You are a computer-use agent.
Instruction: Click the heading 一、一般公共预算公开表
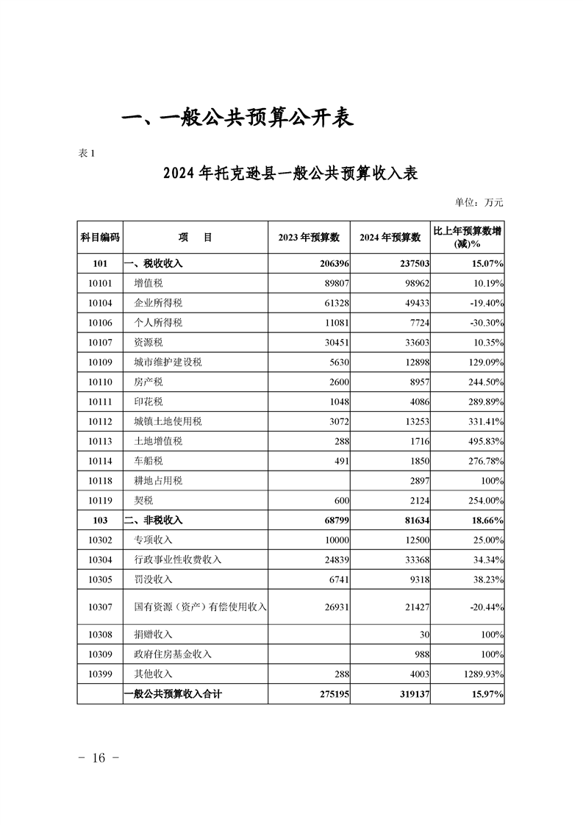pos(237,117)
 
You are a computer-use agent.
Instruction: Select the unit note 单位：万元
pos(479,202)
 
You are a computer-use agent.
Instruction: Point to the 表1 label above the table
pos(87,153)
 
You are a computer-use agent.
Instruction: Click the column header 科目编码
pos(100,238)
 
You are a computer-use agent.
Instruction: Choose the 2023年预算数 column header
pos(309,238)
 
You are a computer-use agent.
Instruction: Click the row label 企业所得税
pos(158,303)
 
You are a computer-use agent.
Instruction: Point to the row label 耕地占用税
pos(158,481)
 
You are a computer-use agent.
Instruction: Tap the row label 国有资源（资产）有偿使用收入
pos(200,607)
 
